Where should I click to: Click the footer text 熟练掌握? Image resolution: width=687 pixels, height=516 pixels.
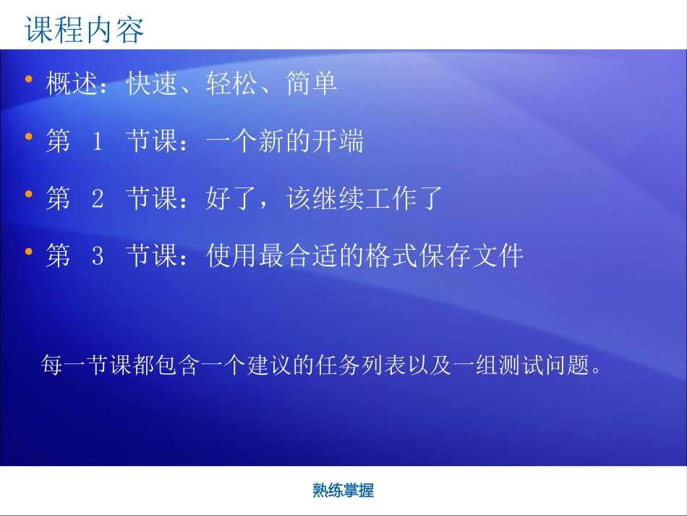[x=343, y=491]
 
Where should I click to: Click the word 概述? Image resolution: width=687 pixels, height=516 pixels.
[x=71, y=85]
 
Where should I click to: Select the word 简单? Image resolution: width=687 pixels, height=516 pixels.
[x=312, y=85]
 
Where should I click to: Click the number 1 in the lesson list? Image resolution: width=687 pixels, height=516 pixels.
[x=98, y=142]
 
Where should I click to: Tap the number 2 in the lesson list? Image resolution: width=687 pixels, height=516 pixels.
[x=98, y=199]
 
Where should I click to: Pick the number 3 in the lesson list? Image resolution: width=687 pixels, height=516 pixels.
[x=98, y=256]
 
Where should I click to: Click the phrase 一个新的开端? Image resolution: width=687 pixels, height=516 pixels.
[x=285, y=142]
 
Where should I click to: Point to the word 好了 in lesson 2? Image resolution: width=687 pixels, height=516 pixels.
[x=231, y=199]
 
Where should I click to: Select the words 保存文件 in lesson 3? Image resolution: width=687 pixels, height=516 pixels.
[x=471, y=256]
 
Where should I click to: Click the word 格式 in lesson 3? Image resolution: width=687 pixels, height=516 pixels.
[x=391, y=256]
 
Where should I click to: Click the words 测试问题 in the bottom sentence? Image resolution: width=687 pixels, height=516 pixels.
[x=539, y=365]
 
